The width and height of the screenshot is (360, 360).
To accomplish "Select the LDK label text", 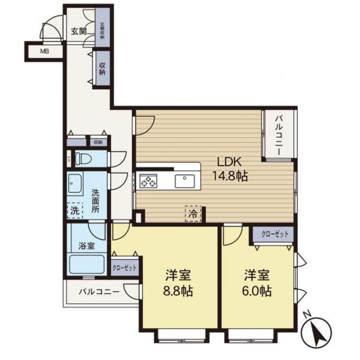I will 230,161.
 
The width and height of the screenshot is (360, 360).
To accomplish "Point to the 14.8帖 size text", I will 230,176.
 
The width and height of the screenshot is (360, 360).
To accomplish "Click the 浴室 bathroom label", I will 86,245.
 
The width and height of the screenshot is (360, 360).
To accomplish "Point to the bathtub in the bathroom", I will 87,264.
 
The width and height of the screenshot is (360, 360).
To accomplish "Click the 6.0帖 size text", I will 258,291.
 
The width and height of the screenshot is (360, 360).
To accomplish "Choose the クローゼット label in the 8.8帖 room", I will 124,268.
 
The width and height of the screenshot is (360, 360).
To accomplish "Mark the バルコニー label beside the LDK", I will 279,134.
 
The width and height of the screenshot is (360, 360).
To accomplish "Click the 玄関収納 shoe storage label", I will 102,32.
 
